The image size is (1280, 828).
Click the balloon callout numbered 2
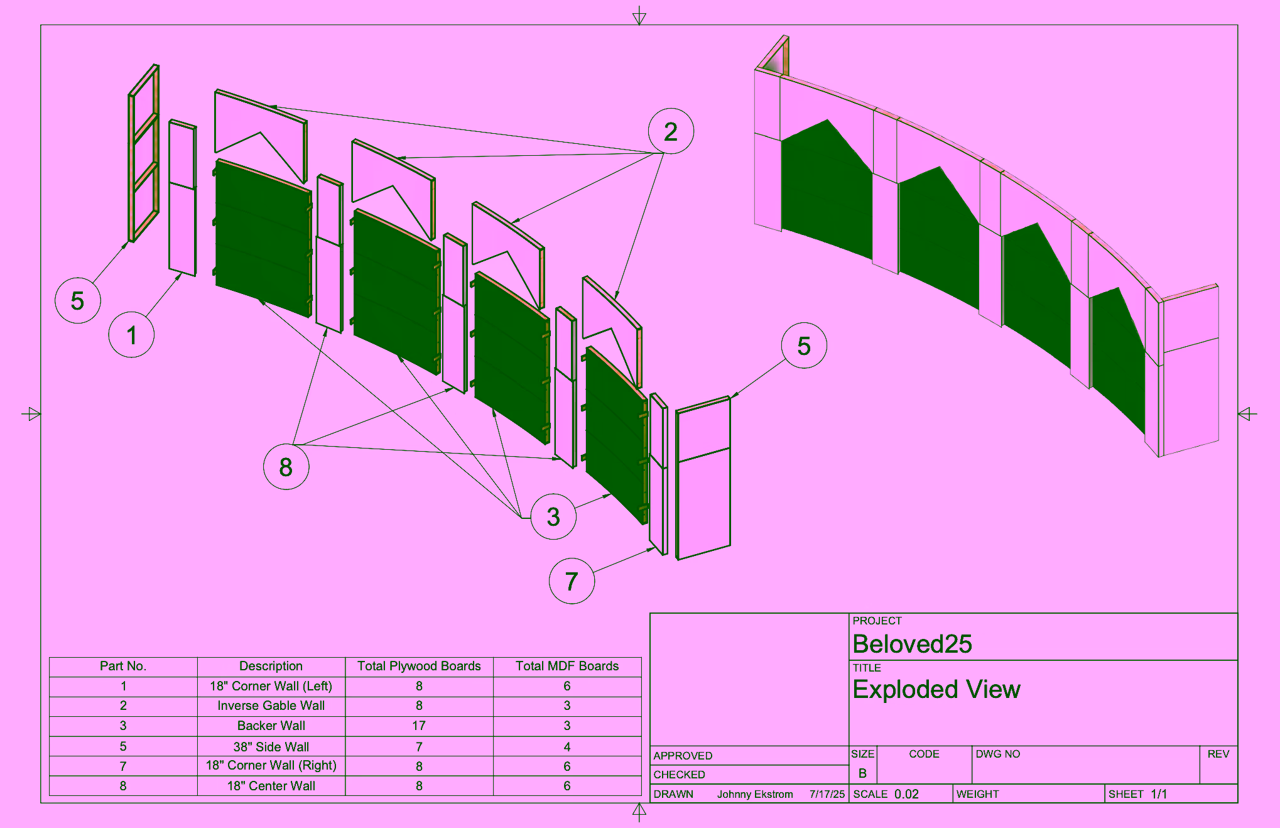tap(671, 131)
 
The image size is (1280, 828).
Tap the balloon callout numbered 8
tap(286, 467)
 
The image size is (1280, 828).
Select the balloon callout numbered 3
tap(553, 516)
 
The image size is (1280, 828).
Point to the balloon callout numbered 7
tap(572, 581)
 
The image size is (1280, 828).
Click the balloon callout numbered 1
tap(131, 335)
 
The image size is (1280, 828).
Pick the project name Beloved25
tap(912, 644)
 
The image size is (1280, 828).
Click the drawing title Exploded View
tap(936, 689)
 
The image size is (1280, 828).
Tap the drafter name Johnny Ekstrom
tap(755, 794)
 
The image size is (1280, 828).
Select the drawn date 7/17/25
tap(827, 794)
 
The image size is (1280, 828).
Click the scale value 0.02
tap(906, 794)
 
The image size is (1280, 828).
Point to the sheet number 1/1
tap(1159, 794)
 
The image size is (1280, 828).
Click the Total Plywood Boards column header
tap(419, 666)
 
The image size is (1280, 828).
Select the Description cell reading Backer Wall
tap(271, 726)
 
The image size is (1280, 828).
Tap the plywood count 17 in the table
tap(419, 726)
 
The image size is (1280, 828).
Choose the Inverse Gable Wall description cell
tap(271, 705)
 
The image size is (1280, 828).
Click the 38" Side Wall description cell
tap(271, 746)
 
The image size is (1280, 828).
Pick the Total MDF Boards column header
tap(567, 666)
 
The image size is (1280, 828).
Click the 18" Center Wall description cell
tap(271, 786)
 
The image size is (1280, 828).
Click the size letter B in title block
tap(862, 773)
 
